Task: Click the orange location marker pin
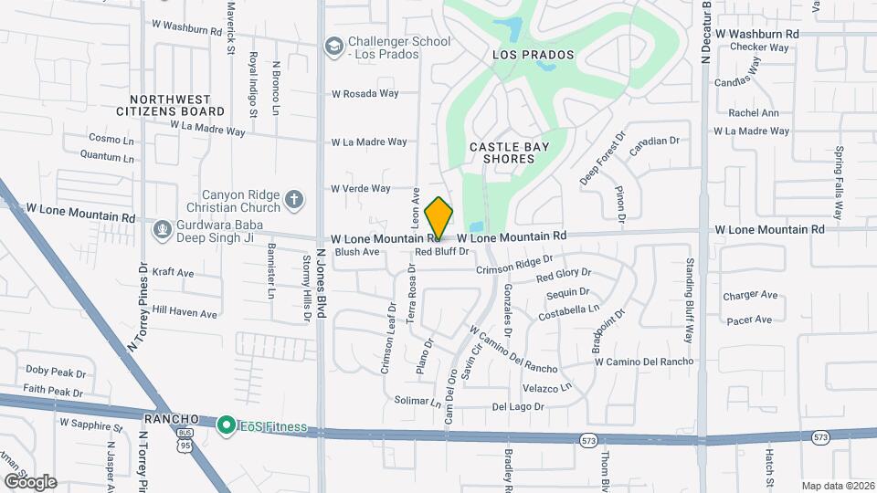click(x=439, y=217)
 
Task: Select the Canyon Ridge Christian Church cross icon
click(x=293, y=198)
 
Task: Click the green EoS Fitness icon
click(x=225, y=426)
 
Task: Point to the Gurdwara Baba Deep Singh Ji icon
click(x=163, y=227)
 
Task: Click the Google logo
click(x=29, y=481)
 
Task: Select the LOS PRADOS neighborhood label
click(x=534, y=55)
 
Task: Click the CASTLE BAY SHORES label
click(x=502, y=152)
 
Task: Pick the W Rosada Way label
click(x=365, y=93)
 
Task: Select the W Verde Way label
click(x=361, y=189)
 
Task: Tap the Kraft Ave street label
click(x=173, y=272)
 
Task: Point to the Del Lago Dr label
click(x=518, y=406)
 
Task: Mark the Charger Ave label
click(x=750, y=295)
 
